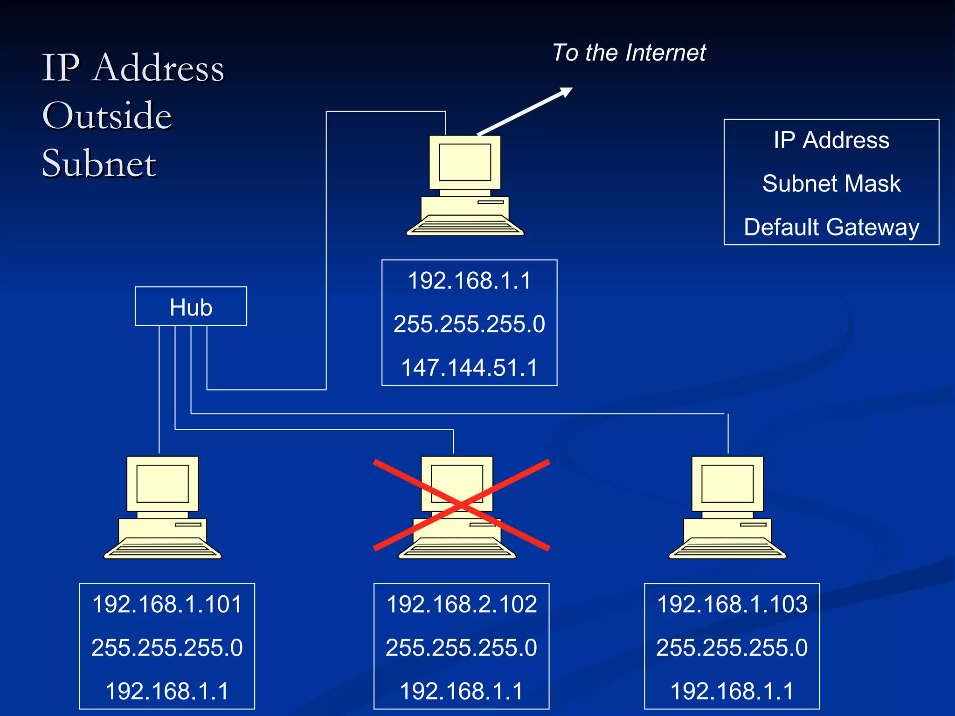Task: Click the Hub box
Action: [x=191, y=306]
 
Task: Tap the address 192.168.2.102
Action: [x=462, y=604]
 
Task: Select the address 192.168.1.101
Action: [x=167, y=604]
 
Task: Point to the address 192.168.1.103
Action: [x=732, y=604]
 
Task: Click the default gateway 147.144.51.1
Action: [x=470, y=367]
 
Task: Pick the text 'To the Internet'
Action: [x=629, y=52]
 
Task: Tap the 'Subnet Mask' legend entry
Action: [x=831, y=183]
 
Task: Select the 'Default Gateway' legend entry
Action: [x=831, y=227]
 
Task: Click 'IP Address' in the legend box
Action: [x=831, y=140]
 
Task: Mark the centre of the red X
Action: [x=461, y=505]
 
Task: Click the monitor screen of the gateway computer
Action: [x=465, y=162]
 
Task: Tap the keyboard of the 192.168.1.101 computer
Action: [x=162, y=549]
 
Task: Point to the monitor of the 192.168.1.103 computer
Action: [x=727, y=483]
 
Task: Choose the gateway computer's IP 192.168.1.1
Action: [x=470, y=281]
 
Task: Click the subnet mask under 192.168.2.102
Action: [x=462, y=647]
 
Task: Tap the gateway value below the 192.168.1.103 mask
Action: [x=732, y=691]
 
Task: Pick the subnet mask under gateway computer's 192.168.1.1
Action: [x=470, y=324]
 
